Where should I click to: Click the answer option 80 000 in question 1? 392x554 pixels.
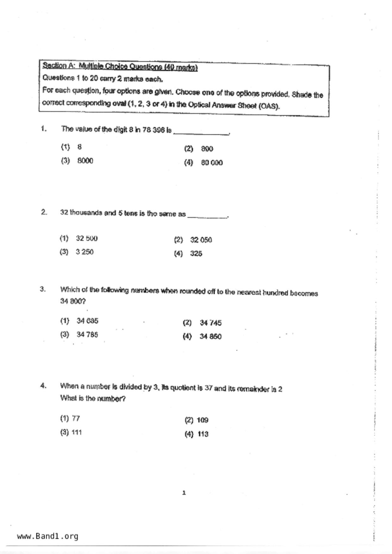212,163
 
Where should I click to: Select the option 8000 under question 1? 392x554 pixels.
85,161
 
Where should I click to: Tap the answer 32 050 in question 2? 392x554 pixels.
201,240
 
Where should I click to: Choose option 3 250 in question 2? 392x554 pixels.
84,252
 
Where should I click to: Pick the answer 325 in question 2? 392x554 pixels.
196,254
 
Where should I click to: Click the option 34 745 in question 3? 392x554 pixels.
210,323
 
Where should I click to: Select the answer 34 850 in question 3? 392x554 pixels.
210,337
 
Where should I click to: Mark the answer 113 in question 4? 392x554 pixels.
203,434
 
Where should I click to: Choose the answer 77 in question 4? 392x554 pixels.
76,419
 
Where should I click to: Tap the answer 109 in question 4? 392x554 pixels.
202,420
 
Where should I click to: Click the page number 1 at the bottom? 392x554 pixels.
184,493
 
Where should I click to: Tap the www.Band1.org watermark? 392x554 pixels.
47,536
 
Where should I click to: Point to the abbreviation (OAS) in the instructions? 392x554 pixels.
269,106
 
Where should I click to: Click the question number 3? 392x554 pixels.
43,289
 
